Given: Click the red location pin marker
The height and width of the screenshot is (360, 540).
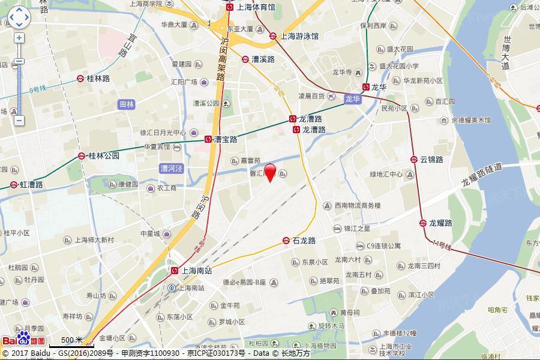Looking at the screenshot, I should [270, 171].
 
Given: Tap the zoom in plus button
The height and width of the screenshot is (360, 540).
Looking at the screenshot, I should [19, 38].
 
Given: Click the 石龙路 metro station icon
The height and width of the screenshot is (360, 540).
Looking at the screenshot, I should [286, 241].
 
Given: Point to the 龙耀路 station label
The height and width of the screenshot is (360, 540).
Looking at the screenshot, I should [440, 223].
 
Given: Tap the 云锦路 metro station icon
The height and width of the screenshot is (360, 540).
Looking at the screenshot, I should [415, 160].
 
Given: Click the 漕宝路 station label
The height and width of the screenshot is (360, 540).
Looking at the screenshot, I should [226, 139].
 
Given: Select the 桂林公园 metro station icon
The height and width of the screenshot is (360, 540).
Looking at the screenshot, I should [81, 156].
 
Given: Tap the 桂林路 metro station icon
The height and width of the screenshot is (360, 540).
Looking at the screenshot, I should [80, 79].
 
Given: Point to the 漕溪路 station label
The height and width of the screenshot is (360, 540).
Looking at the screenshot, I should [263, 59].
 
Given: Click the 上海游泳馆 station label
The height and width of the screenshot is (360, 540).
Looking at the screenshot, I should [298, 36].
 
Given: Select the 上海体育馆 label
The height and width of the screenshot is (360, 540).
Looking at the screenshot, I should [256, 7].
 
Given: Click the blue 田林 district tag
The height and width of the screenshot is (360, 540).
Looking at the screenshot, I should [126, 104].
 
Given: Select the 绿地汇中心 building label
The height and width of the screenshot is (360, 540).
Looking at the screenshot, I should [386, 175].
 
